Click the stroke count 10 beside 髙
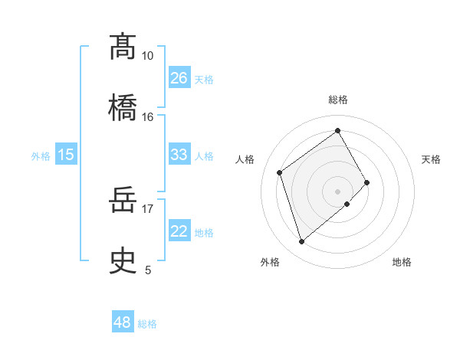coord(147,56)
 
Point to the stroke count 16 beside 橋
coord(147,116)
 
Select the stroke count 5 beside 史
coord(148,270)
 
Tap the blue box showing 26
coord(179,78)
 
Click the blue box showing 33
coord(179,155)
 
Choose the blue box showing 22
coord(179,231)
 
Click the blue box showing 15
coord(66,155)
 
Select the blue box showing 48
coord(122,322)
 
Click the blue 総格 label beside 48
coord(147,324)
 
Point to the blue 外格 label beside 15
coord(41,156)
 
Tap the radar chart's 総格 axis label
coord(338,100)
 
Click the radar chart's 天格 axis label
coord(431,159)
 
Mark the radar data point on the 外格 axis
coord(301,242)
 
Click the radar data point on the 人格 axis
coord(280,172)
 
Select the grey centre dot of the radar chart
coord(337,191)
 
